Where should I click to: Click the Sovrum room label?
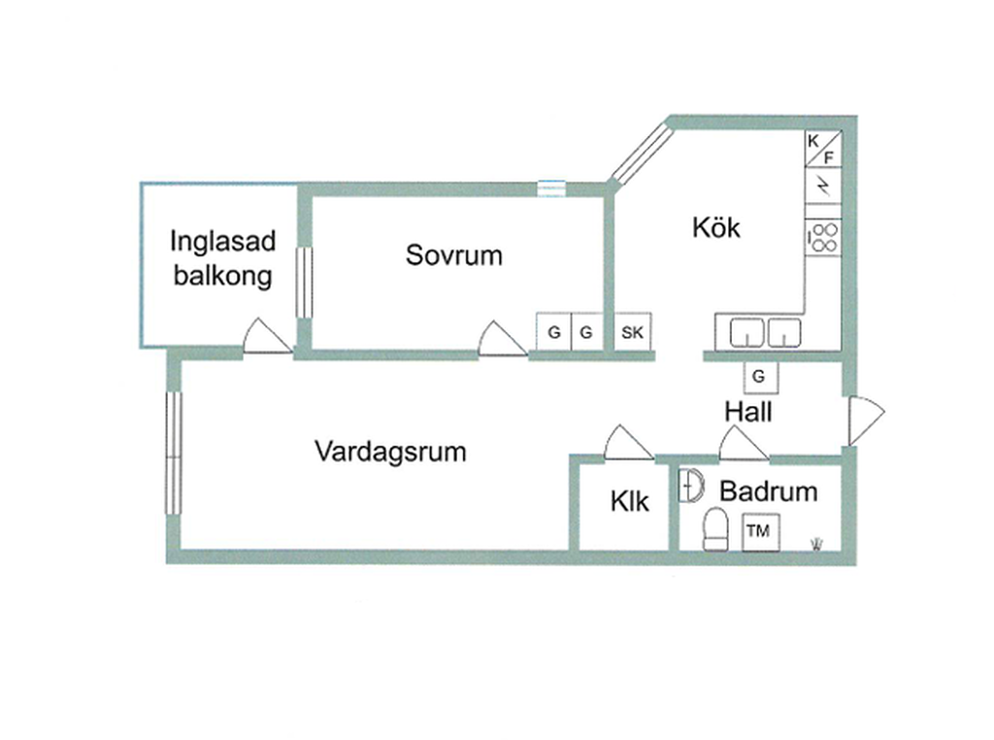coord(454,254)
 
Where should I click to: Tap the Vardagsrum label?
coord(390,452)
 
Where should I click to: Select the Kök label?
coord(716,227)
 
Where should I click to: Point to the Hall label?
coord(748,412)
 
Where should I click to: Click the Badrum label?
coord(769,491)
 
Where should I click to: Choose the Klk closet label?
coord(629,501)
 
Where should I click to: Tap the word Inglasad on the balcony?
coord(223,242)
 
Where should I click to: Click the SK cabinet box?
coord(633,331)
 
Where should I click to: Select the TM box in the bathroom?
coord(761,531)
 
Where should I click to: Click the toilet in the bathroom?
coord(715,529)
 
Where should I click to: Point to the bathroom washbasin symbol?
coord(690,486)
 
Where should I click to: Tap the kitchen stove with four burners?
coord(823,238)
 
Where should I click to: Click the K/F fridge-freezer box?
coord(823,149)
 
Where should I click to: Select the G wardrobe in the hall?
coord(760,377)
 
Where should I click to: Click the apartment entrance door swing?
coord(866,420)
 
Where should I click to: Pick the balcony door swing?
coord(268,335)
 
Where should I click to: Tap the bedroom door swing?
coord(502,339)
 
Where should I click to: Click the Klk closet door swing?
coord(629,442)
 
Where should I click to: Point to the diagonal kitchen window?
coord(641,154)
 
